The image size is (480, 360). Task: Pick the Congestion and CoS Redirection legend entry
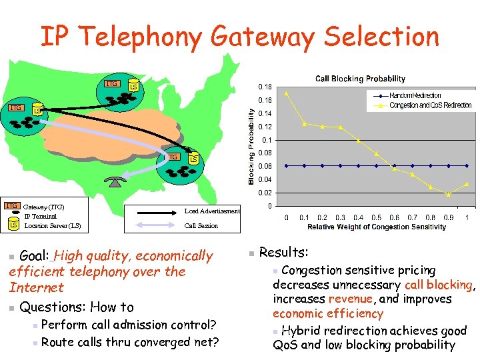pos(430,105)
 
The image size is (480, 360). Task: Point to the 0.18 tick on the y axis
pos(265,87)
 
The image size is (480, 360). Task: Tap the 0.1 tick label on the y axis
pos(267,140)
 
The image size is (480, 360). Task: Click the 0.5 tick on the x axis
pos(377,217)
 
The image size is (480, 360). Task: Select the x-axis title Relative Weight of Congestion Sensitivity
pos(377,227)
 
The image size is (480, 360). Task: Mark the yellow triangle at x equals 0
pos(287,93)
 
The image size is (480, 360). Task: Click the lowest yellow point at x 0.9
pos(449,195)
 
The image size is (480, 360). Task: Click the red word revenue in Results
pos(350,299)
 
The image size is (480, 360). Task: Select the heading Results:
pos(283,253)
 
